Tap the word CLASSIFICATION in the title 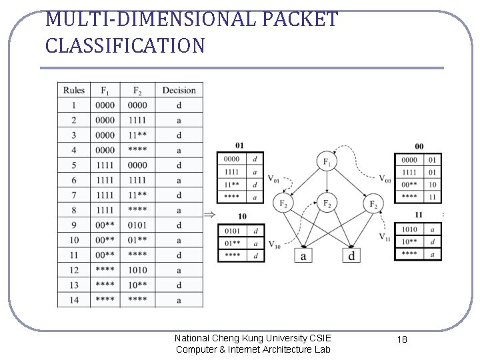125,46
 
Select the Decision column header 179,90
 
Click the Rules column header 74,90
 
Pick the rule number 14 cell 74,300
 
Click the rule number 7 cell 74,195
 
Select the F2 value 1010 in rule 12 137,270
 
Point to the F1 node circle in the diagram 327,163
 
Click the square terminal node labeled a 304,255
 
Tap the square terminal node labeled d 351,255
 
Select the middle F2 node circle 327,203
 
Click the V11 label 385,237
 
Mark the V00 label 385,179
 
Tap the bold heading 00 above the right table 419,146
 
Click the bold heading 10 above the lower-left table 241,217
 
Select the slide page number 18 402,340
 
